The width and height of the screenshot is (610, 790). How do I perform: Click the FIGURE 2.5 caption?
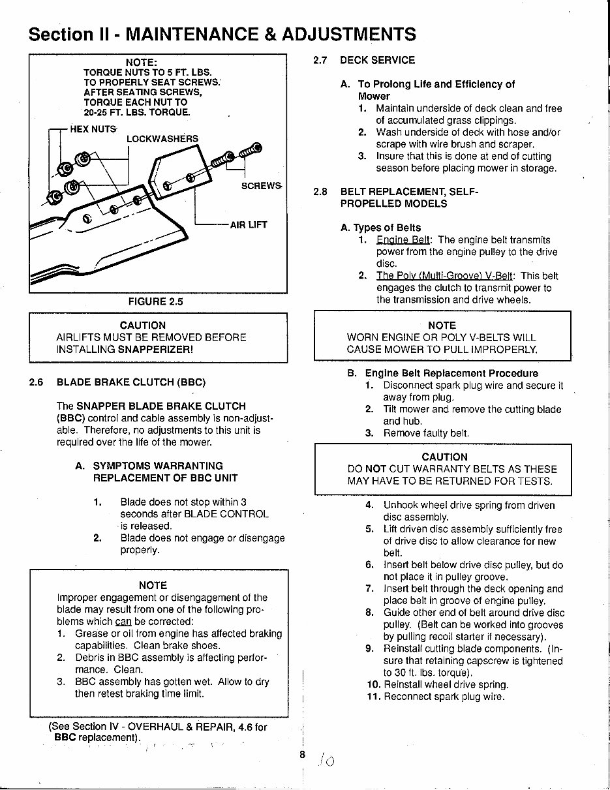tap(155, 301)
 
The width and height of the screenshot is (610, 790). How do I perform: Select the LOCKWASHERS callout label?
tap(162, 139)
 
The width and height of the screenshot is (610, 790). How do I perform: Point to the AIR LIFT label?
tap(249, 225)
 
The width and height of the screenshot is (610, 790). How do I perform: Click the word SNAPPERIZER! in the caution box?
tap(155, 349)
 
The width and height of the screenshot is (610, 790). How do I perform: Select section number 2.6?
tap(37, 382)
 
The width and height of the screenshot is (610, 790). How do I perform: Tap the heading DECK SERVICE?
tap(377, 60)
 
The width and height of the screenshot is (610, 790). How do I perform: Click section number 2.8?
tap(320, 192)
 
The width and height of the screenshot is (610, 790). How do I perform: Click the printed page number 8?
tap(302, 754)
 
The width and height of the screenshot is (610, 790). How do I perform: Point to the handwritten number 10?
tap(326, 760)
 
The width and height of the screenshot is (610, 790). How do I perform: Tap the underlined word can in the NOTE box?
tap(123, 621)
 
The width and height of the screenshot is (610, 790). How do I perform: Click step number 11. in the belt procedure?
tap(373, 697)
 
